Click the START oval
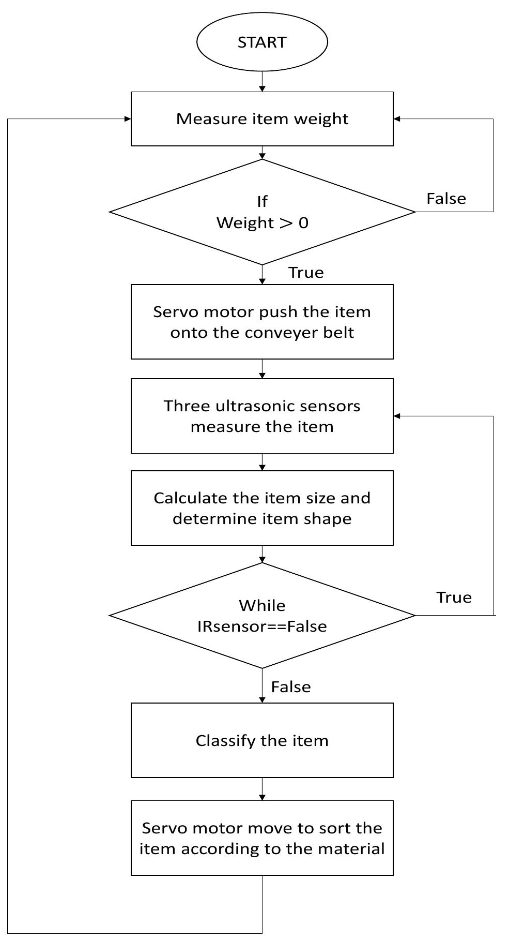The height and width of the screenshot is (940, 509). pos(262,42)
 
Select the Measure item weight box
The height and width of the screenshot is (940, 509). pos(262,119)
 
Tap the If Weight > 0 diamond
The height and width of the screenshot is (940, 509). pos(262,212)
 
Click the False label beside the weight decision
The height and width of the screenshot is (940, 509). pos(446,199)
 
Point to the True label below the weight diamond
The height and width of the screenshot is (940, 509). pos(306,273)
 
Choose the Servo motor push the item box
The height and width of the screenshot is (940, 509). pos(262,322)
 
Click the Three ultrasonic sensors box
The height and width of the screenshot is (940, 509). pos(262,416)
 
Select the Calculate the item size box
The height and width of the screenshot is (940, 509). pos(262,508)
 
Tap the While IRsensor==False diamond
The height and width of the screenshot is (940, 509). pos(262,616)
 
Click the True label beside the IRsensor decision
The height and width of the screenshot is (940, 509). pos(454,598)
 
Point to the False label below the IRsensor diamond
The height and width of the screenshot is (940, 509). pos(291,687)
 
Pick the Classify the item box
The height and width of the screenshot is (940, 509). pos(262,740)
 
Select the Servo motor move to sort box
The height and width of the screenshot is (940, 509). pos(262,838)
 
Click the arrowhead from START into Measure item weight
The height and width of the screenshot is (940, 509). pos(262,89)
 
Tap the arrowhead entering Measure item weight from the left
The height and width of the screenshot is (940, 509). pos(128,119)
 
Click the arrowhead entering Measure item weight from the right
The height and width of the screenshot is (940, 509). pos(397,119)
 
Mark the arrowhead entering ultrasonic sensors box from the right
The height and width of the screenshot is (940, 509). pos(397,416)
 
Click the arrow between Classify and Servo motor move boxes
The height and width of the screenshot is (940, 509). pos(262,789)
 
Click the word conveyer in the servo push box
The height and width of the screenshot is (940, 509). pos(274,333)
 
